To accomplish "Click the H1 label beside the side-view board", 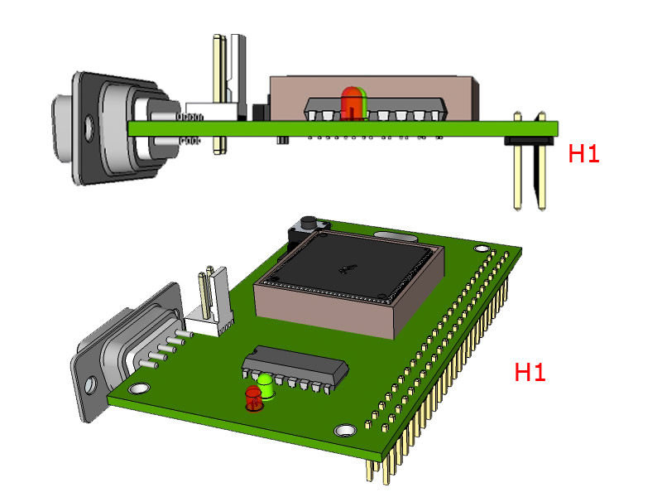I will (583, 153).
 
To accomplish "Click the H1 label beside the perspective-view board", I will (530, 373).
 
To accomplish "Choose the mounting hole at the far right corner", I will (482, 247).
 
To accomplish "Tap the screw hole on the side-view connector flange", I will (89, 128).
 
